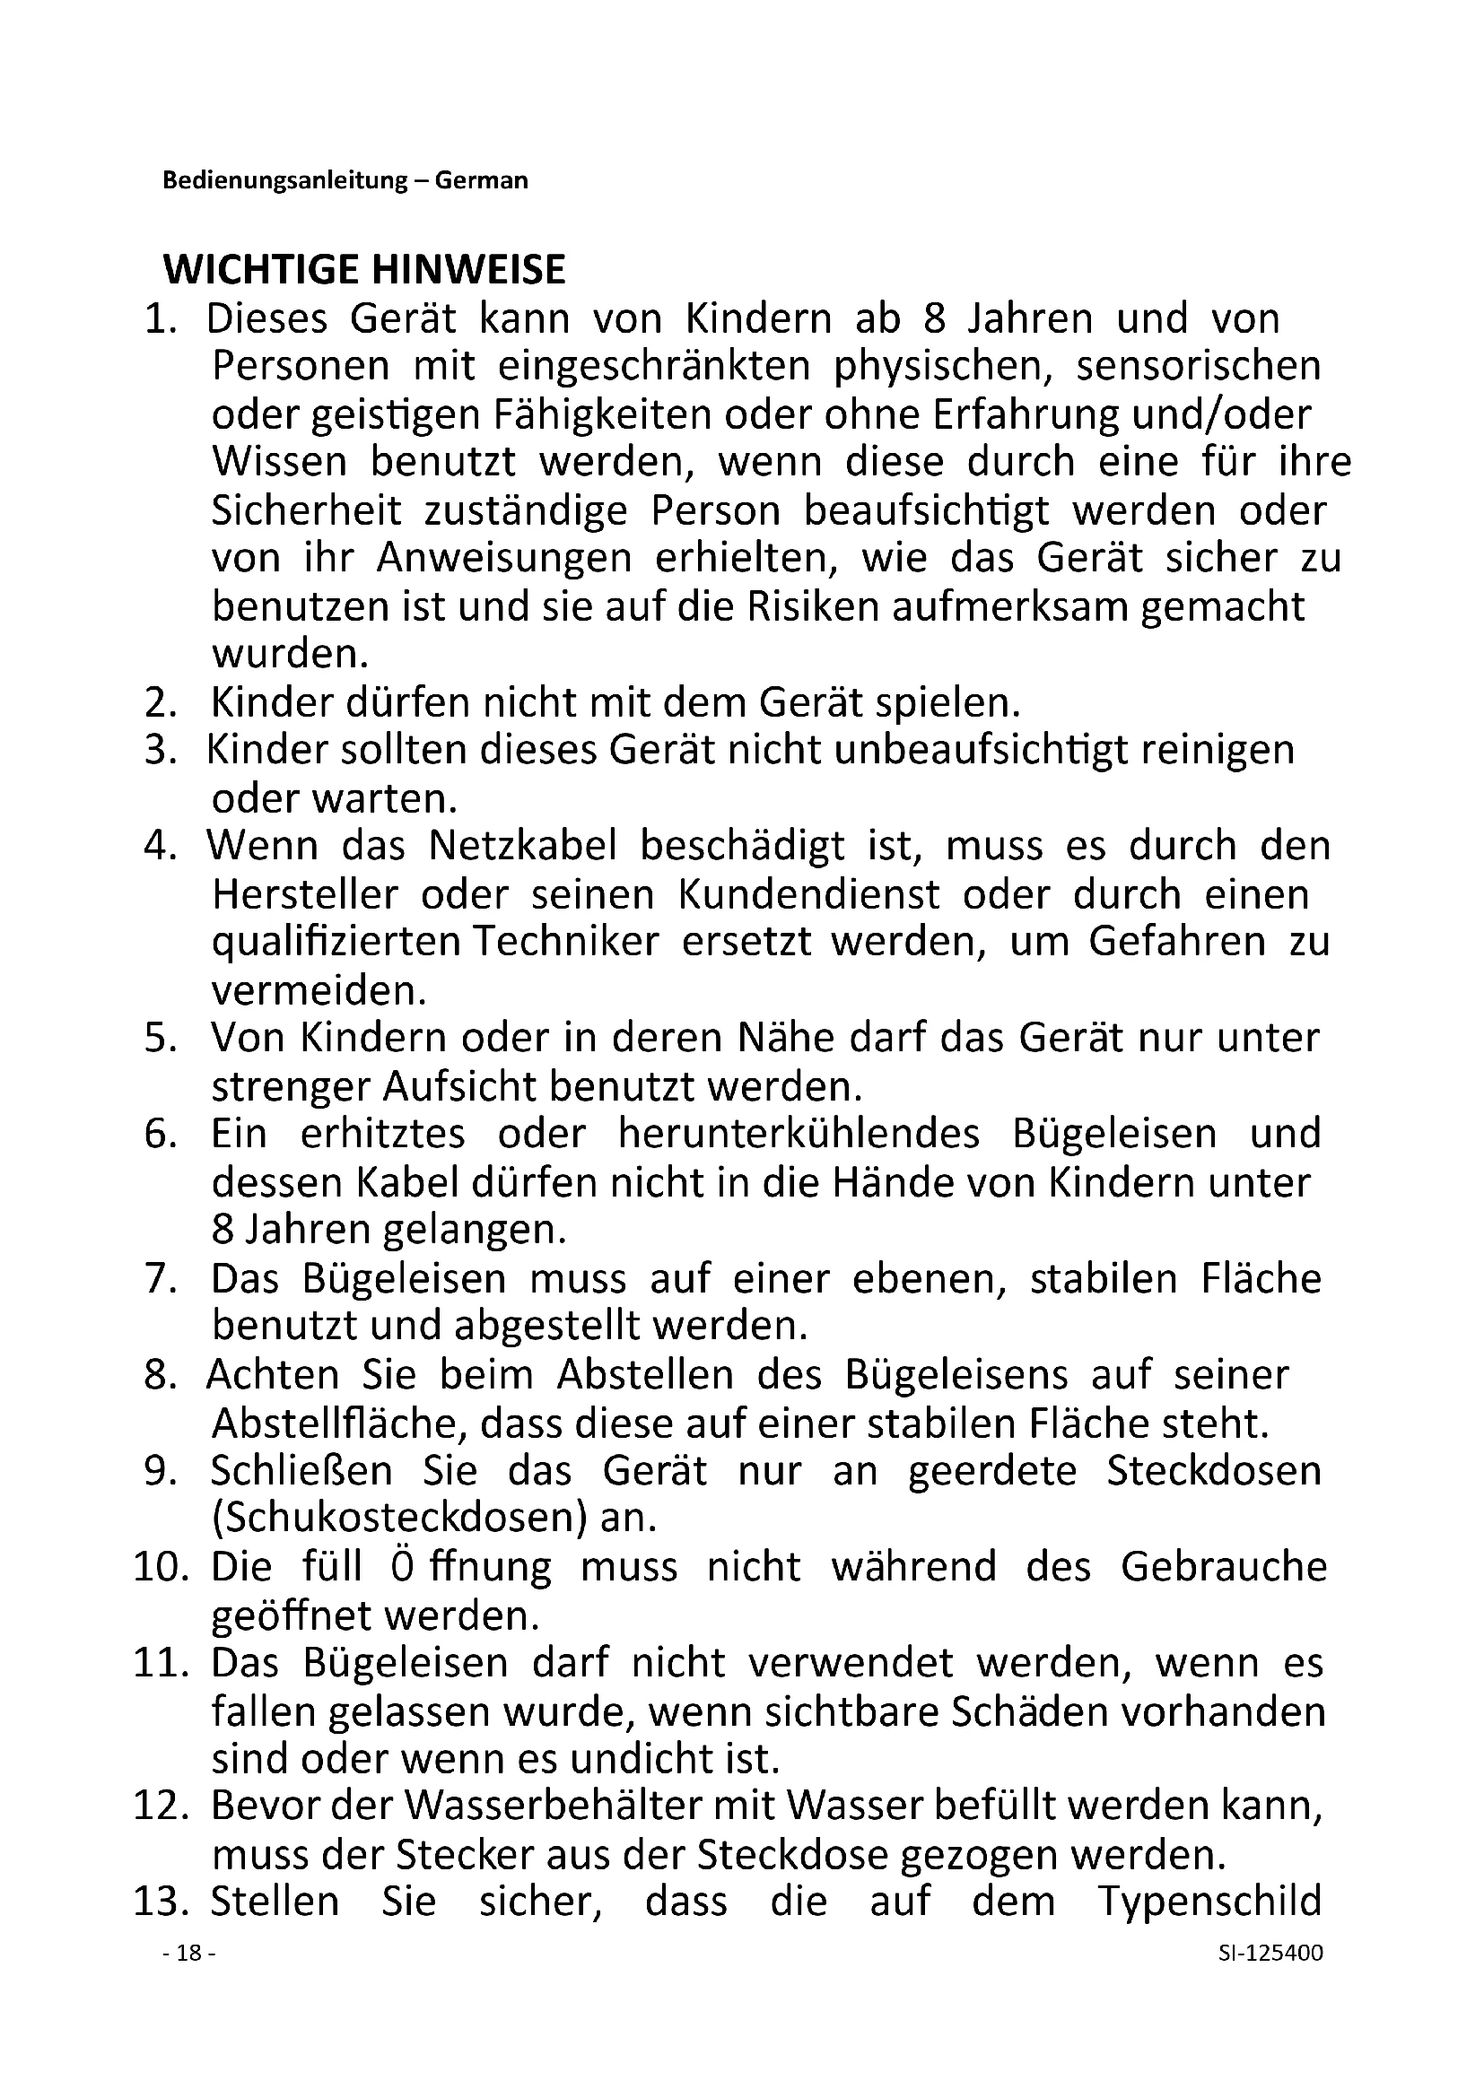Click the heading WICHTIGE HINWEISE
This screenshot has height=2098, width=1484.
point(363,270)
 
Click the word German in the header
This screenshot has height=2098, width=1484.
point(481,180)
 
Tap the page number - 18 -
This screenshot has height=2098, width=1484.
point(189,1953)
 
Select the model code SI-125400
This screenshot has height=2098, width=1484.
point(1270,1953)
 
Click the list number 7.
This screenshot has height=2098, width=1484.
point(159,1278)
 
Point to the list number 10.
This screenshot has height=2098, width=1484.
point(160,1567)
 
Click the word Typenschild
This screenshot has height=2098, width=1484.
point(1209,1902)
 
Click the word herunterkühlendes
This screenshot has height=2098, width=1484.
point(798,1134)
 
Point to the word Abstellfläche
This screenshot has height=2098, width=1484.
point(336,1423)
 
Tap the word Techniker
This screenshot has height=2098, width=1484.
point(564,942)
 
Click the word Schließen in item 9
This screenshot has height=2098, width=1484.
point(301,1470)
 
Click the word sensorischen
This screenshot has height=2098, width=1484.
point(1198,365)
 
